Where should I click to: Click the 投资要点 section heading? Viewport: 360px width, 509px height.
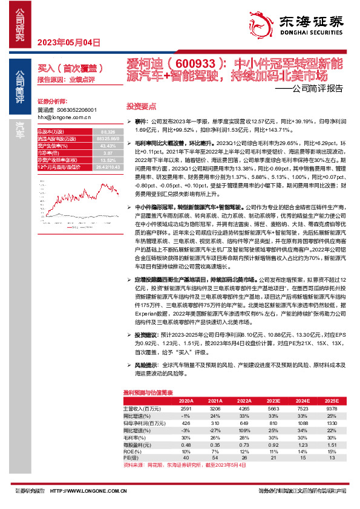tap(141, 105)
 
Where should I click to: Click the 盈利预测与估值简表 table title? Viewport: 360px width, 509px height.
tap(148, 392)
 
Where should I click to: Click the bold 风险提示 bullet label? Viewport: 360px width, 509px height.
tap(147, 366)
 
